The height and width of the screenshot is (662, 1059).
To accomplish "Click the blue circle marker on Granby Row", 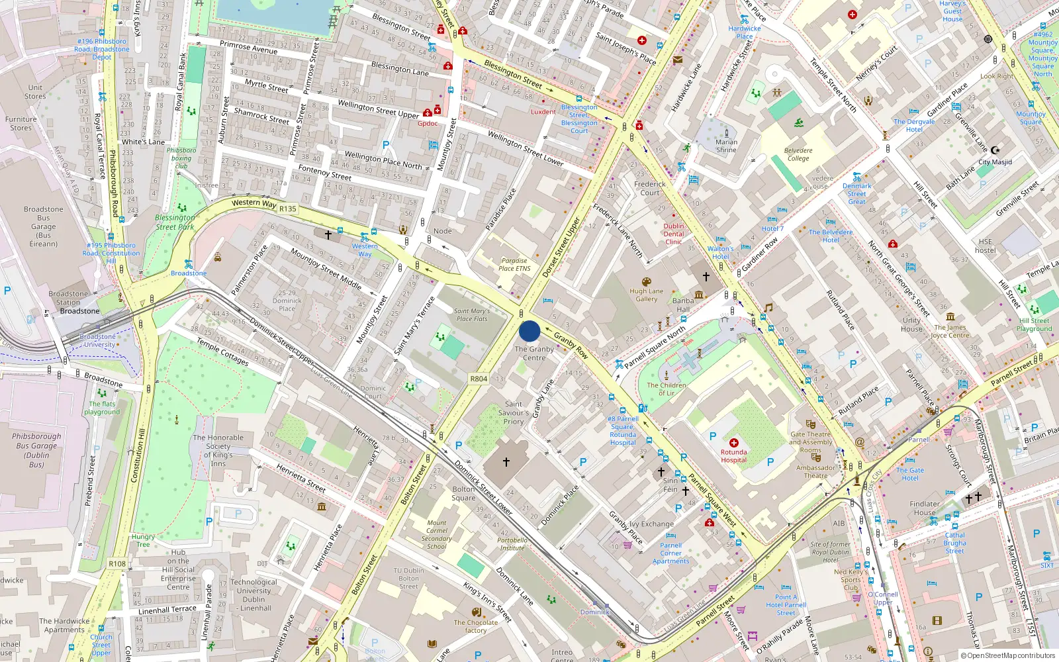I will click(x=529, y=331).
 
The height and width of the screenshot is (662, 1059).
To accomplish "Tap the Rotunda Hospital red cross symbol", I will click(x=733, y=442).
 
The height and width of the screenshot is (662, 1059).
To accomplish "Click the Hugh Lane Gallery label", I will click(x=647, y=295).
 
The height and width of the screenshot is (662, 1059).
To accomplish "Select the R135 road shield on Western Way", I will click(x=288, y=209).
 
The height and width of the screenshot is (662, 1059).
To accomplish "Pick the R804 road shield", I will click(x=479, y=379).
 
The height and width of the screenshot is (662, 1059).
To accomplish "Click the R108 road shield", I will click(x=117, y=564).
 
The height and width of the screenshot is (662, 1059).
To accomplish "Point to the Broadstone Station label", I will click(x=68, y=298).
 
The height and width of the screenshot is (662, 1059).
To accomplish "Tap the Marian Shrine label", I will click(x=726, y=146).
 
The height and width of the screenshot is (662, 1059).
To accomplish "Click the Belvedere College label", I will click(x=798, y=154).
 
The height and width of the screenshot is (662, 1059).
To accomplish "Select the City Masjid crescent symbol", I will click(x=995, y=150).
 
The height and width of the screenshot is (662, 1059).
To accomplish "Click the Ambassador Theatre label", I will click(x=815, y=471).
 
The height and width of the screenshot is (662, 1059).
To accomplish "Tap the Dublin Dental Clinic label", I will click(x=674, y=234).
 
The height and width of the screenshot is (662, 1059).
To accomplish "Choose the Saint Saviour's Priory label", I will click(x=514, y=412).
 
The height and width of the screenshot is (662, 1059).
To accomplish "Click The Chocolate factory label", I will click(x=476, y=626).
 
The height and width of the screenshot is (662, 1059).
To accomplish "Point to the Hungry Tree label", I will click(x=143, y=541).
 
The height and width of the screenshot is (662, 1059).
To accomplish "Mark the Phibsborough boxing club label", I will click(x=181, y=158).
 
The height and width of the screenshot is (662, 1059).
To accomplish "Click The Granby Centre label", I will click(x=534, y=354).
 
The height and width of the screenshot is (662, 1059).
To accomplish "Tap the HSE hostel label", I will click(x=986, y=246).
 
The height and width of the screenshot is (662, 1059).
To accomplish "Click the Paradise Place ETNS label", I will click(x=514, y=264).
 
